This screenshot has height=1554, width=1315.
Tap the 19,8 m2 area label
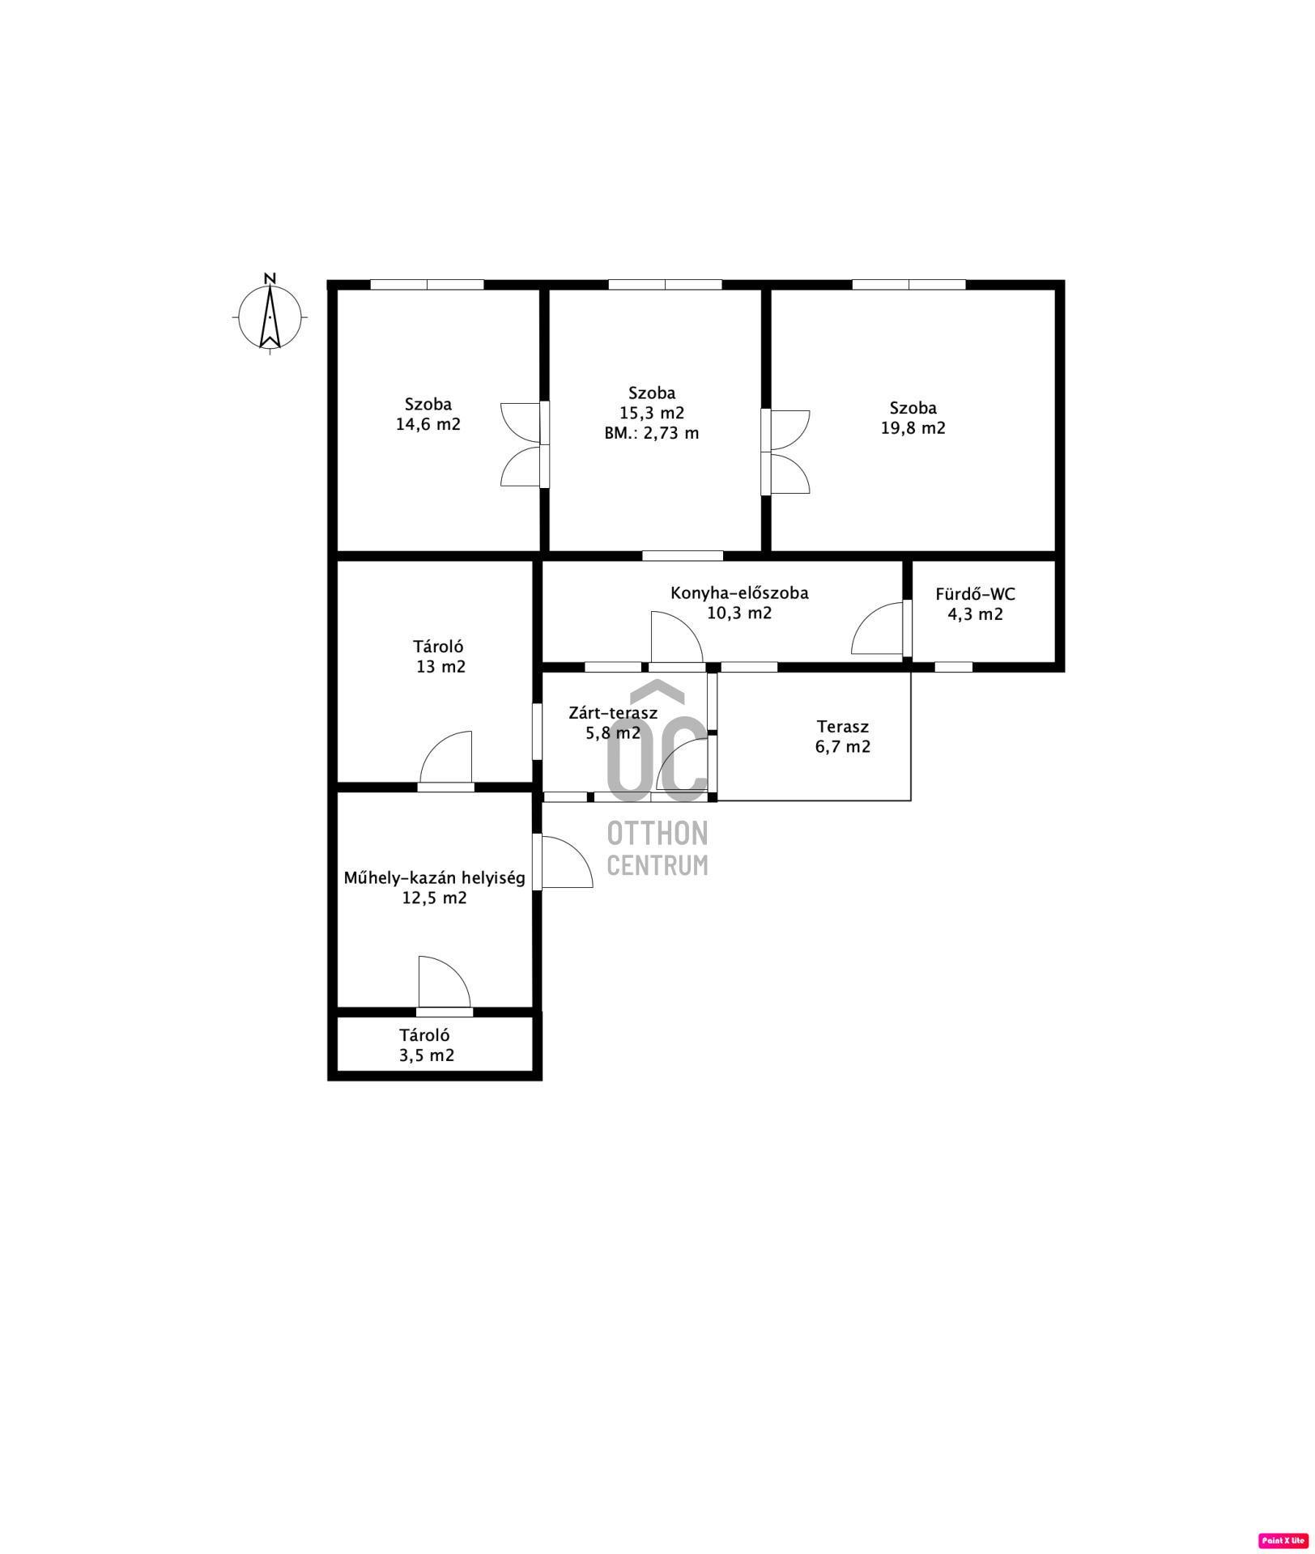point(913,428)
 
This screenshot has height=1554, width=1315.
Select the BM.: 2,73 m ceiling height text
point(651,433)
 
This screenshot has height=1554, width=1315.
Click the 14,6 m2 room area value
point(428,424)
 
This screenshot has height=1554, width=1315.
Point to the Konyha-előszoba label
point(739,592)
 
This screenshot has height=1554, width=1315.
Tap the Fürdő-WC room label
point(975,594)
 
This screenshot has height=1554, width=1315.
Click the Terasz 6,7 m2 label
point(843,737)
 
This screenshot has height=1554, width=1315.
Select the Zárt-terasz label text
point(613,713)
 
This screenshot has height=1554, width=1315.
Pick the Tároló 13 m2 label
point(440,656)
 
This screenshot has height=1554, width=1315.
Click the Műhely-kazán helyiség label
point(435,877)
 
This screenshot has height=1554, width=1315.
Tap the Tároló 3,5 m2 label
point(426,1045)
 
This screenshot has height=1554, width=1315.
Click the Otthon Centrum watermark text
point(657,848)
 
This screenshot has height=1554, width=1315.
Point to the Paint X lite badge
point(1283,1540)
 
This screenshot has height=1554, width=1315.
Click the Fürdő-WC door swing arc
point(866,617)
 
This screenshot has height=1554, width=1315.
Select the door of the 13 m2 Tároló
point(446,758)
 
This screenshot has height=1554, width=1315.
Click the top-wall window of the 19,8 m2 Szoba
point(909,284)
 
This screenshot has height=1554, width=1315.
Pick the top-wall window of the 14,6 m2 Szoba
point(427,284)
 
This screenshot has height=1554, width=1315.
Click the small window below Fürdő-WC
point(954,667)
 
